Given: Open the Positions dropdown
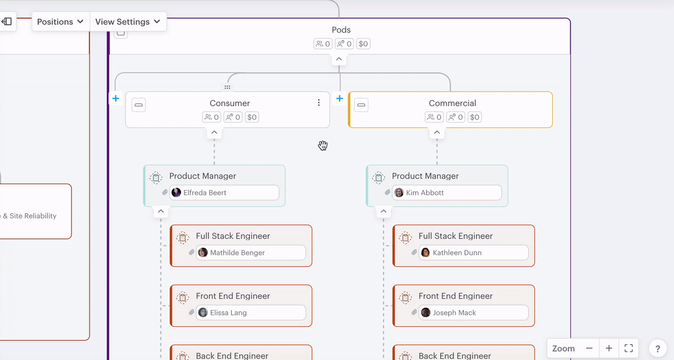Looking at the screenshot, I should tap(61, 22).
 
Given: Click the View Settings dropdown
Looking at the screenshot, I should tap(128, 22).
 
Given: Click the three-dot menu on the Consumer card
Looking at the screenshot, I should tap(319, 103).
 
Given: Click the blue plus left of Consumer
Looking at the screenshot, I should tap(116, 98).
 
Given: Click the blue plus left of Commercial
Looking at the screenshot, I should tap(340, 98).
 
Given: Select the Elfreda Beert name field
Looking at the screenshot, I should tap(224, 193).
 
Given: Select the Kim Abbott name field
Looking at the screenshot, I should tap(447, 193).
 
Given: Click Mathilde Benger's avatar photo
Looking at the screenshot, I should tap(203, 253).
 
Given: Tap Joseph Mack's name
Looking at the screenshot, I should tap(454, 313).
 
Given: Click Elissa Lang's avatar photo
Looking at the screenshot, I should tap(203, 313).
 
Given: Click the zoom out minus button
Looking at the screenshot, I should tap(589, 348).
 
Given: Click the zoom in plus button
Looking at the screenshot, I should tap(609, 348).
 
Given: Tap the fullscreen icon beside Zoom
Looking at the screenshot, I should tap(628, 348).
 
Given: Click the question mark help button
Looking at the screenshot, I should tap(658, 348).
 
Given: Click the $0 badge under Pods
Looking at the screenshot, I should tap(363, 44).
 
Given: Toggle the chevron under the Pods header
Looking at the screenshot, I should tap(339, 59).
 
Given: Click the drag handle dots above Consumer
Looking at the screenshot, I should tap(227, 87).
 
